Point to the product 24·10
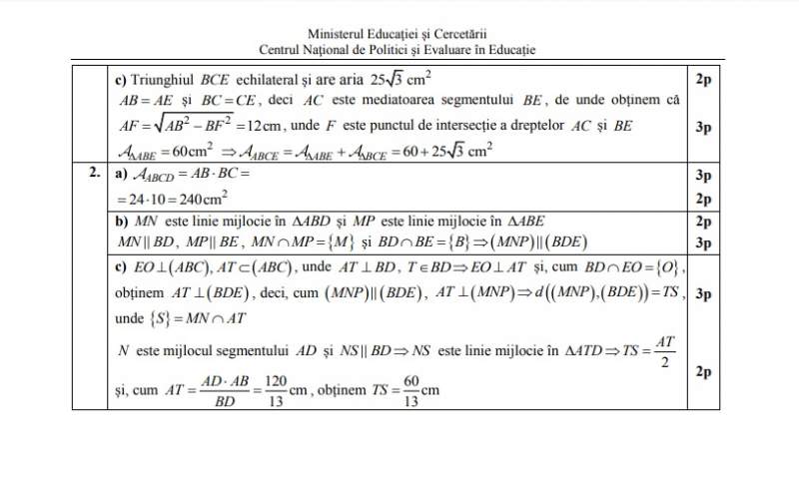pyautogui.click(x=142, y=198)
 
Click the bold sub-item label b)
pyautogui.click(x=121, y=221)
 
